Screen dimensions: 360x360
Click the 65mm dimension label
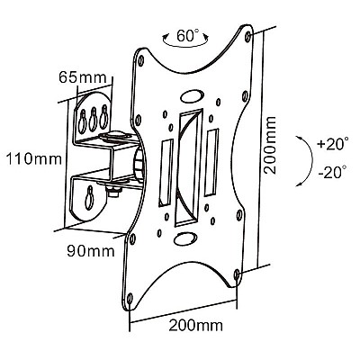click(83, 77)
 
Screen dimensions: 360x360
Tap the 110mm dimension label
click(34, 158)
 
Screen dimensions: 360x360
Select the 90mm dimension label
click(91, 251)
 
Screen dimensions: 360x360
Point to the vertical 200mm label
click(270, 145)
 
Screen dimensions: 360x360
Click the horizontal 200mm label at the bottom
click(196, 325)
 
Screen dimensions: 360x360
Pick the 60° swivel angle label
click(186, 36)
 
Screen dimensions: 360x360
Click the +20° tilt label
click(333, 144)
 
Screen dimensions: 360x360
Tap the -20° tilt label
click(332, 172)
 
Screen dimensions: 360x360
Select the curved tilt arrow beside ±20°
click(311, 160)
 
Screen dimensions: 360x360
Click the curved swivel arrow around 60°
click(185, 47)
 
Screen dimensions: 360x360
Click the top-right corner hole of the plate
click(247, 37)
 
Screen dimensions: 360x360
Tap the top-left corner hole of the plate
click(140, 61)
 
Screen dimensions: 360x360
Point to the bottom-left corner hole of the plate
click(130, 299)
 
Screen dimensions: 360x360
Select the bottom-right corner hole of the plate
click(237, 274)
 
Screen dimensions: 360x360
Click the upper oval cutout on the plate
click(192, 96)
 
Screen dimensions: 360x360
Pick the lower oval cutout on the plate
click(184, 238)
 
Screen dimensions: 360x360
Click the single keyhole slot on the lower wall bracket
click(89, 197)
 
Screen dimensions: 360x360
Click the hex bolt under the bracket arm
click(113, 191)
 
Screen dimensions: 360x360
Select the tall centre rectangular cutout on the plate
click(189, 167)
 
